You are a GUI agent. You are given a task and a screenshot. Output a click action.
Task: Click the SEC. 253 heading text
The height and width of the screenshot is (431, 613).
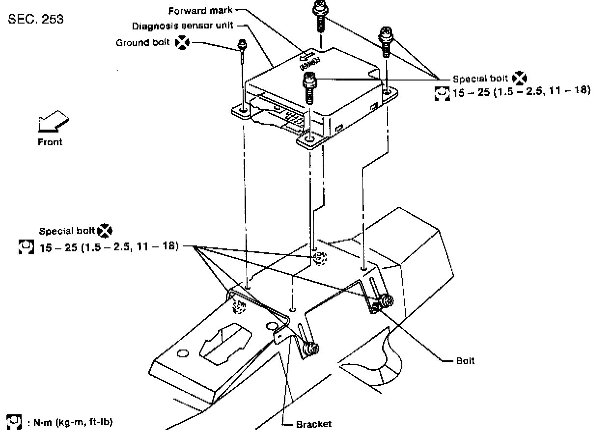click(x=36, y=20)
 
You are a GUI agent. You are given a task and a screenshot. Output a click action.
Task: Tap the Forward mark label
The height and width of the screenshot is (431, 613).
click(x=200, y=10)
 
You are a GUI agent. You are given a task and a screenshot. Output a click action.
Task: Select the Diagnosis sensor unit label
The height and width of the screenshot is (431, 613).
click(x=182, y=26)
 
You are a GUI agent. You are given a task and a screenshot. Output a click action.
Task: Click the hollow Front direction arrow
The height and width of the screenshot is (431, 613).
click(x=53, y=121)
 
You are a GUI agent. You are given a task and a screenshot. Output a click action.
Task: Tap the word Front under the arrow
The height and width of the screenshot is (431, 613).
click(x=50, y=142)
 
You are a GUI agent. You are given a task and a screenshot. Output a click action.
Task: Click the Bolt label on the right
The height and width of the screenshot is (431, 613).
click(x=465, y=361)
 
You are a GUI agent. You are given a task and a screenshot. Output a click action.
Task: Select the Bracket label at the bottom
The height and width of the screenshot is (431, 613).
click(x=313, y=424)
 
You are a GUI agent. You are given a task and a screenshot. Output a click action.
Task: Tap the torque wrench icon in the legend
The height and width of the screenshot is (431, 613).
click(x=16, y=422)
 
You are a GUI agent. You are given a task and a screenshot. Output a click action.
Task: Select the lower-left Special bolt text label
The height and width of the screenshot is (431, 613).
click(x=67, y=231)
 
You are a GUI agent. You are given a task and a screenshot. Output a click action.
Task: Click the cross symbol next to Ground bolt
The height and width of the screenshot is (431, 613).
click(x=181, y=43)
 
